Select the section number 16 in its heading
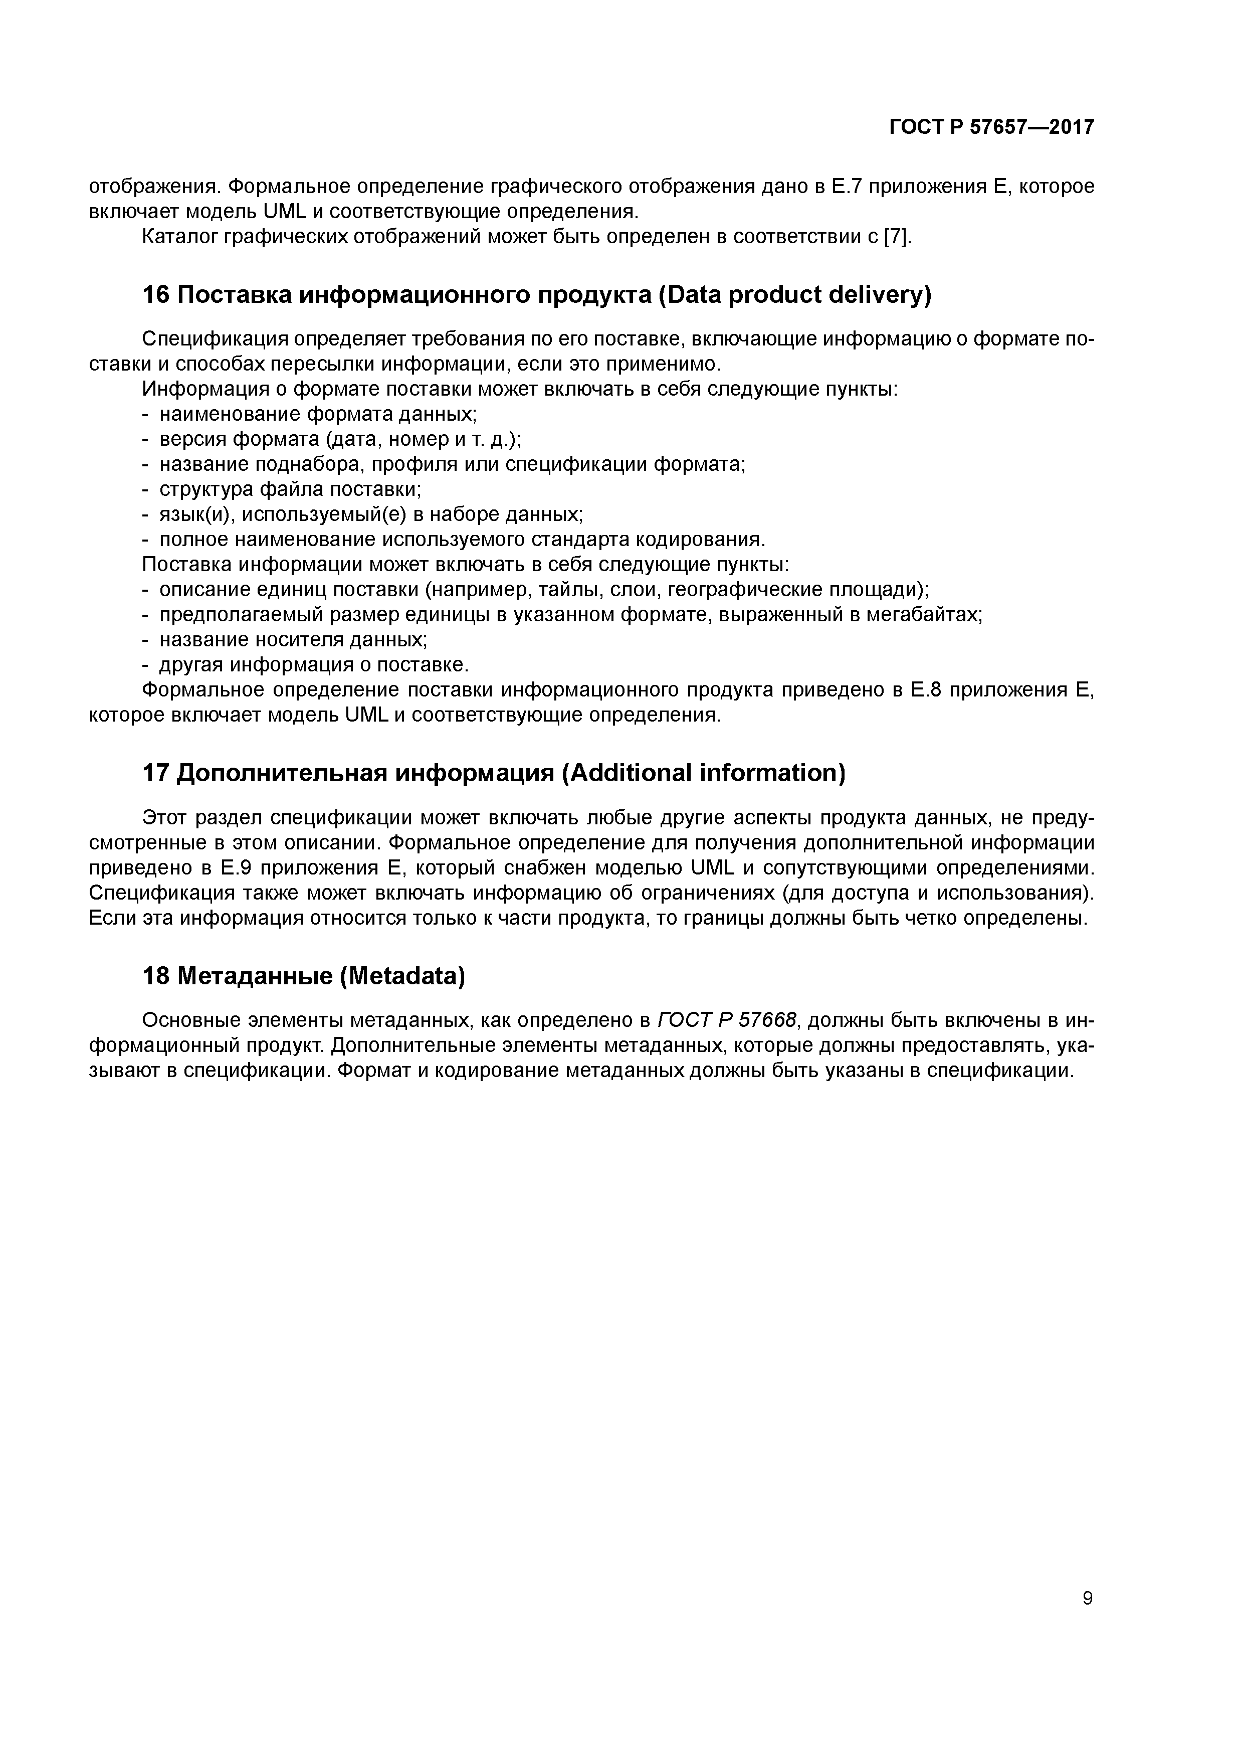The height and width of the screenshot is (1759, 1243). point(156,295)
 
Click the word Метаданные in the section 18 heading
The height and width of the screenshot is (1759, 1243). point(254,976)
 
